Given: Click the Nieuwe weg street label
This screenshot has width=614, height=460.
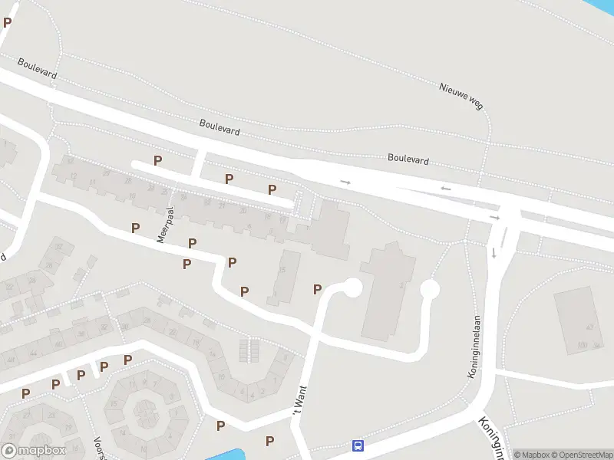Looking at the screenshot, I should [x=461, y=97].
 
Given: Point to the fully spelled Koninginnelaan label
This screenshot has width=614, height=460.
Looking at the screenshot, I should [x=473, y=359].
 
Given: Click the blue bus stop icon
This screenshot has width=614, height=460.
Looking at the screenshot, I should [x=358, y=445].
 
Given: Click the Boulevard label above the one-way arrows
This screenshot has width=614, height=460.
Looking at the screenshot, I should [x=408, y=159].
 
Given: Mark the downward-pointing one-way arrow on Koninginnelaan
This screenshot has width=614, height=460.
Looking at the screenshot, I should [x=494, y=252].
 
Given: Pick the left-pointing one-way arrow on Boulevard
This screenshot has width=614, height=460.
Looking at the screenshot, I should [x=445, y=189].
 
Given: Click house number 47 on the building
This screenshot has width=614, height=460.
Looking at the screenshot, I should [x=589, y=327].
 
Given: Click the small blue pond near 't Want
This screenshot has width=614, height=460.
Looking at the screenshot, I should [x=226, y=455].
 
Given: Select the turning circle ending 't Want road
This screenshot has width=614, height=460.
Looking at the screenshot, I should [x=352, y=288].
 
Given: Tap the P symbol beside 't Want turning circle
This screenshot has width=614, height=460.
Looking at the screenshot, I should [x=317, y=289].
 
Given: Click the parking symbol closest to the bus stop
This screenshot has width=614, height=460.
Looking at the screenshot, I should [x=270, y=441].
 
